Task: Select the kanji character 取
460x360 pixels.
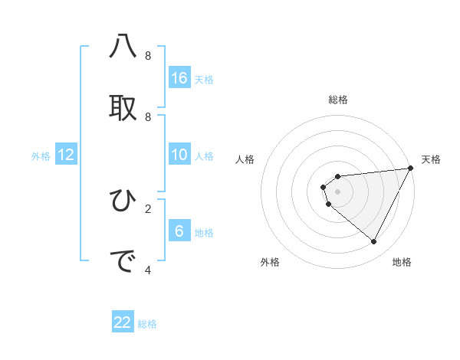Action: pos(123,107)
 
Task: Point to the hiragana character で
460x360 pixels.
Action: pos(123,261)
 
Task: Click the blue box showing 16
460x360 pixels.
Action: pos(179,78)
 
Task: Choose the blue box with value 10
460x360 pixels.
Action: pos(179,155)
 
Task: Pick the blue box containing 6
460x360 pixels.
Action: pos(179,231)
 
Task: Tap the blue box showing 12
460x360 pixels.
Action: pos(66,155)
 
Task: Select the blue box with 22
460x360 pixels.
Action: pos(123,322)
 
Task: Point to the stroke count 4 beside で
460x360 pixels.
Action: pos(148,270)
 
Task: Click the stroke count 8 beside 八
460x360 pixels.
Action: pos(148,56)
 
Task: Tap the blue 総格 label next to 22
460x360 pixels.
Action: pos(147,324)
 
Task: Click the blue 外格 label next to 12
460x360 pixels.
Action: pos(41,156)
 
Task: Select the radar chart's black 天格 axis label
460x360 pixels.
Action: pos(431,159)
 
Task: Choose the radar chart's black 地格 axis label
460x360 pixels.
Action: pos(402,262)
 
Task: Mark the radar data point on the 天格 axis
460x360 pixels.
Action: pos(411,168)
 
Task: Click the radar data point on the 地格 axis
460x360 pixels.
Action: pos(373,242)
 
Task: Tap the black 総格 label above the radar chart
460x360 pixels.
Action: pos(338,100)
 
